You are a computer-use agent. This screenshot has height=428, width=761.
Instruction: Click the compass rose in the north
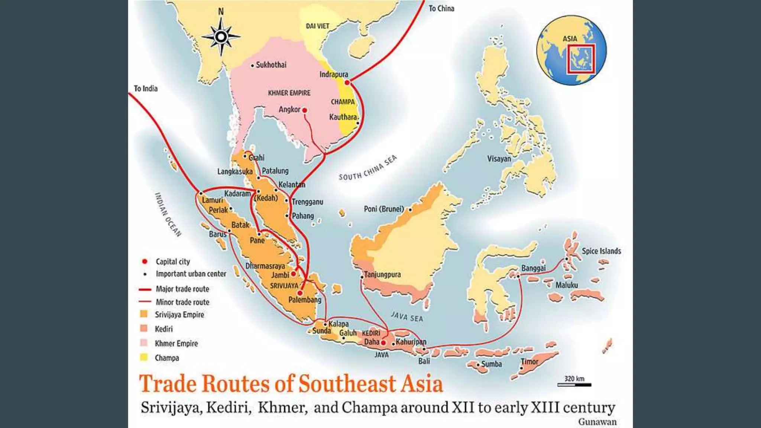221,37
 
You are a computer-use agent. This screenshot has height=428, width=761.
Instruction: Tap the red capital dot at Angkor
305,110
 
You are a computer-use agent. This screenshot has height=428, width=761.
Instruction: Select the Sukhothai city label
271,65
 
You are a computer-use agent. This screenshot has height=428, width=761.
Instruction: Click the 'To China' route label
441,9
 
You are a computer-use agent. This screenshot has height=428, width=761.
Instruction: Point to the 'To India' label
146,88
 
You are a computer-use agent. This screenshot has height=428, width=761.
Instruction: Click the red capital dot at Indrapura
347,82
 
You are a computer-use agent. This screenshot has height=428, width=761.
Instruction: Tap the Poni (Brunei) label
383,209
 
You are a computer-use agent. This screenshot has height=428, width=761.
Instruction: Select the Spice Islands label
601,251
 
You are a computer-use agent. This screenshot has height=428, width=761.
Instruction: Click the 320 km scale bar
574,385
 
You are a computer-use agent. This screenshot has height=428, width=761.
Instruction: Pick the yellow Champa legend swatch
144,357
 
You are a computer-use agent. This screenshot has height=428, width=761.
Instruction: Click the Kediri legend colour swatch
144,328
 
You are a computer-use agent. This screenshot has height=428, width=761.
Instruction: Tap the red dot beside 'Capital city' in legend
145,262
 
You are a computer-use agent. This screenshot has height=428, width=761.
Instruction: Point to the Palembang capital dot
300,293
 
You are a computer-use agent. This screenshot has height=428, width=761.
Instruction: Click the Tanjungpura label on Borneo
382,275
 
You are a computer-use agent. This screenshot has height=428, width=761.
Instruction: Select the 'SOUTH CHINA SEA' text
367,168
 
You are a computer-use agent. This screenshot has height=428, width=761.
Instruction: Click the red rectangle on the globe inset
580,58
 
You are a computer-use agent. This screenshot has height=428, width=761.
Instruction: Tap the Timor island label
530,361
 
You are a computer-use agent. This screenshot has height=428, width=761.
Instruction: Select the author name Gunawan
597,422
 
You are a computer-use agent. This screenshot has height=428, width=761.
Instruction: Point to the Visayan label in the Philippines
499,159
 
